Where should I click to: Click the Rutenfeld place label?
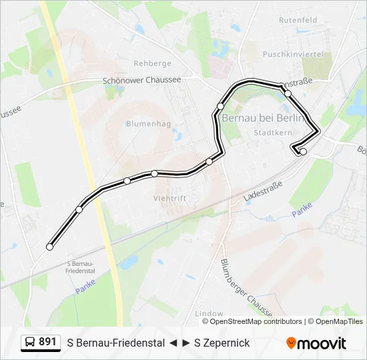point(298,21)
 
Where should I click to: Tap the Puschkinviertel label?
point(292,54)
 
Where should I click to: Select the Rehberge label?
point(152,64)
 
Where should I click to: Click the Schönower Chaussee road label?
point(141,80)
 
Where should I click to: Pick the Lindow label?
point(209,313)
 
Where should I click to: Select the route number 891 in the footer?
point(48,343)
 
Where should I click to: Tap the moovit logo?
point(316,343)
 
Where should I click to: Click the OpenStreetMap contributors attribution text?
point(256,321)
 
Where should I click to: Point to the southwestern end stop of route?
point(49,247)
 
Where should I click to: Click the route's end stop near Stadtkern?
point(303,152)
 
